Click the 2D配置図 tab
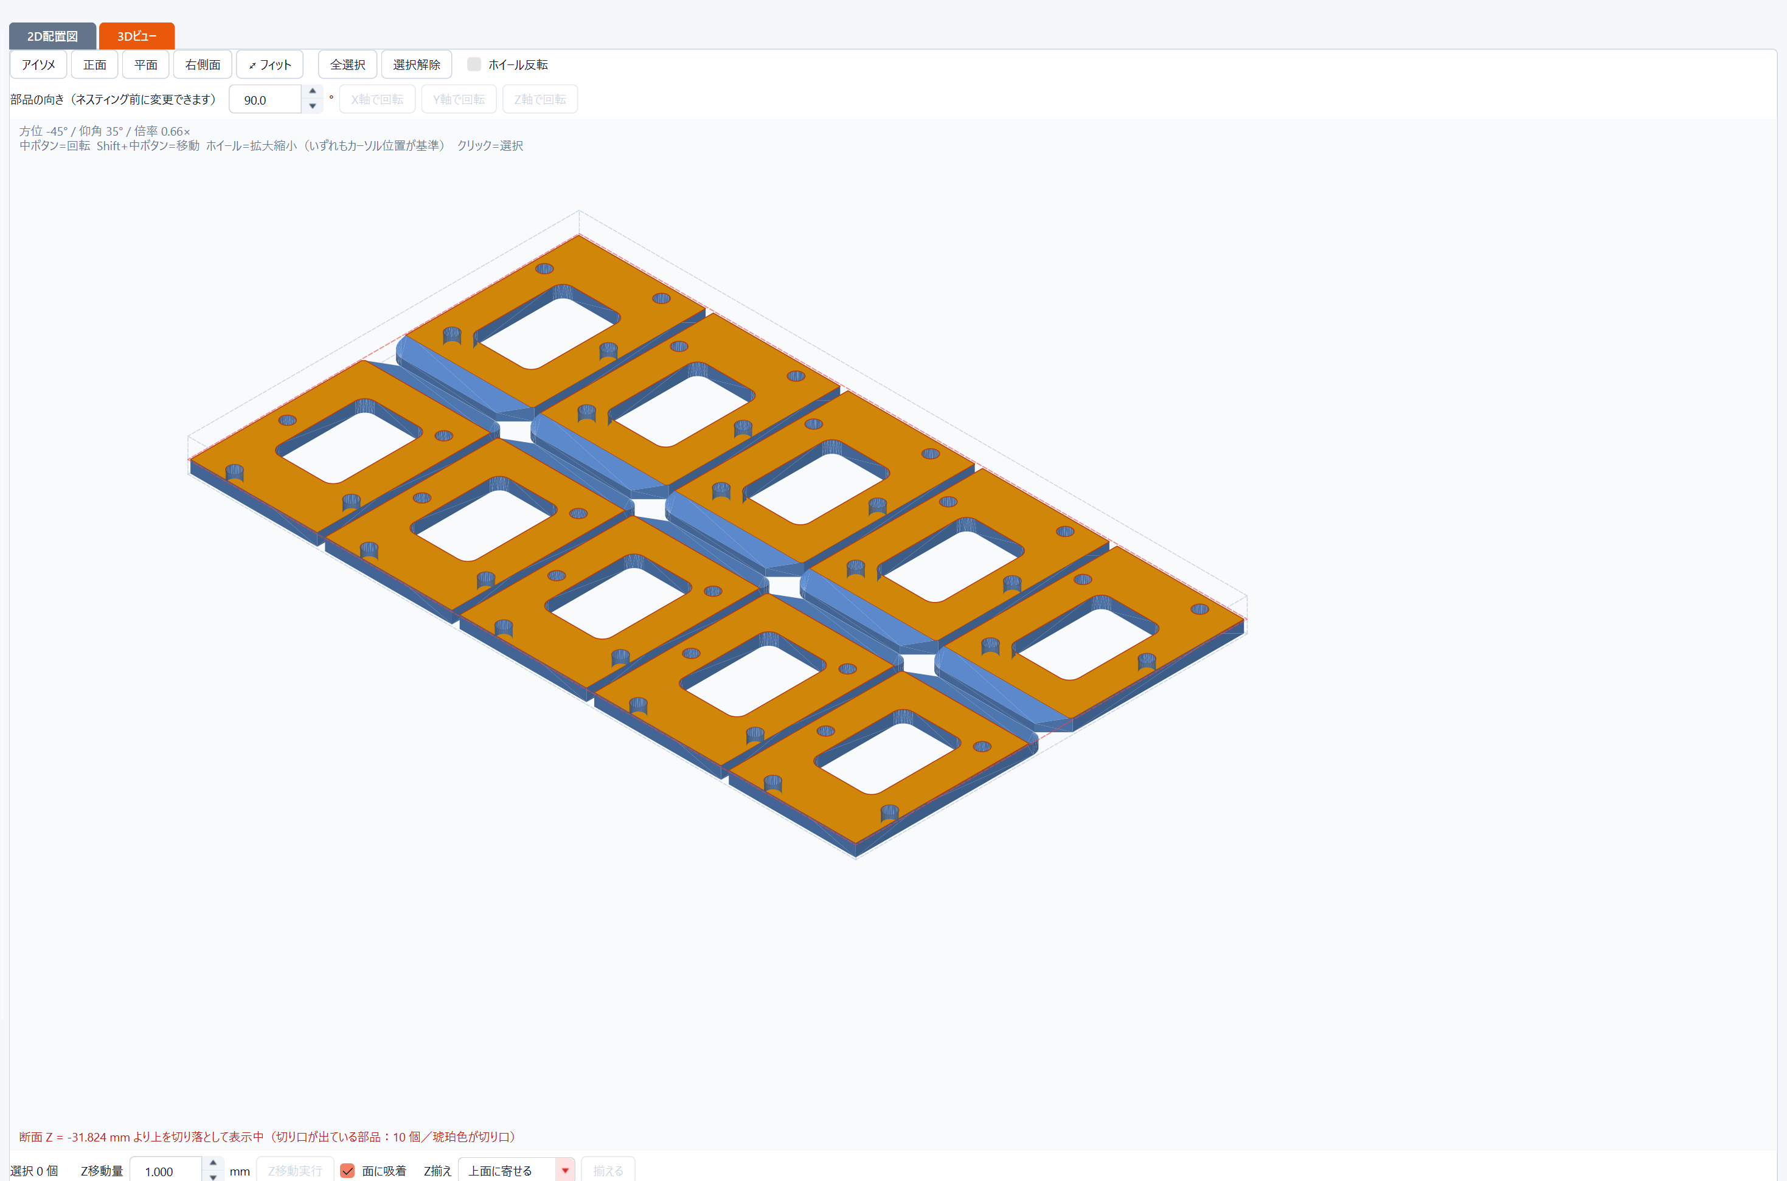click(52, 36)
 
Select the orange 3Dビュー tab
click(136, 36)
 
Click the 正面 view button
click(94, 65)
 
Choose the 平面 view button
click(145, 65)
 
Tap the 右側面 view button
click(203, 65)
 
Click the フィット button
click(269, 65)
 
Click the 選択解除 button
click(417, 65)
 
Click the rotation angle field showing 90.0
click(265, 99)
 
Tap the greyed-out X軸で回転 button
click(378, 99)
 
